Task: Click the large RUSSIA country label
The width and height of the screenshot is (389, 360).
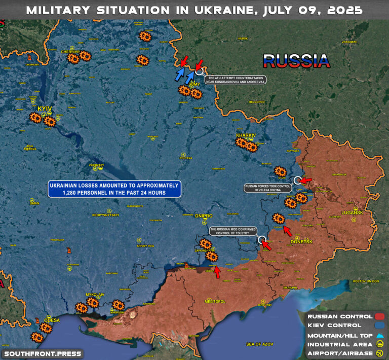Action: point(296,61)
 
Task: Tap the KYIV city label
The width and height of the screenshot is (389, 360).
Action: point(45,109)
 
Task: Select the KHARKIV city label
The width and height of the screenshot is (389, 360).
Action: point(246,135)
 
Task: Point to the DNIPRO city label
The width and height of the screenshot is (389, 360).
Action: point(204,216)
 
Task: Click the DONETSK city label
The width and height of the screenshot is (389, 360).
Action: point(301,242)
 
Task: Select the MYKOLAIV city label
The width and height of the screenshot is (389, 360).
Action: point(95,295)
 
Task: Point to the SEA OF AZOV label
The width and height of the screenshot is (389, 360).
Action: point(260,344)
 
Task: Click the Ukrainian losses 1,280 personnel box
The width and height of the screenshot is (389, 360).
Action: point(114,189)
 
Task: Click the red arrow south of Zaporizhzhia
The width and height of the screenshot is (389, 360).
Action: point(217,272)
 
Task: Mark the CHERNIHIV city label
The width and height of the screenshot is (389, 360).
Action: point(70,52)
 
